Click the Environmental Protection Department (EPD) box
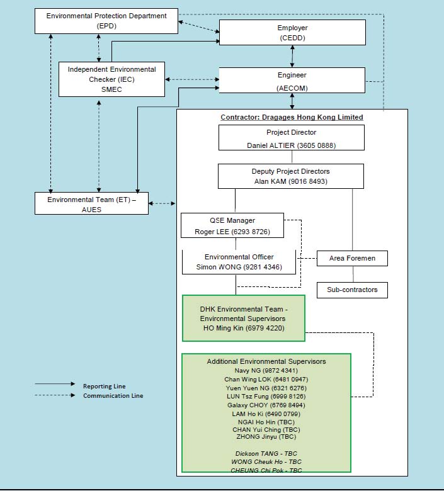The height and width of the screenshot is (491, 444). pyautogui.click(x=106, y=21)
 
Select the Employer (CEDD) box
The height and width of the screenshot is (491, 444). pyautogui.click(x=292, y=33)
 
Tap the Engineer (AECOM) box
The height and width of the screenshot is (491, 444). pyautogui.click(x=292, y=81)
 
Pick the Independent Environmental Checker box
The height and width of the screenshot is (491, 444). pyautogui.click(x=111, y=79)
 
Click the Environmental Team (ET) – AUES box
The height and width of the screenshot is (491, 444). pyautogui.click(x=91, y=203)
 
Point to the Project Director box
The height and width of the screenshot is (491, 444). pyautogui.click(x=292, y=138)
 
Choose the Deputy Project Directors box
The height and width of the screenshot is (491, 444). pyautogui.click(x=291, y=176)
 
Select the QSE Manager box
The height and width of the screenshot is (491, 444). pyautogui.click(x=232, y=225)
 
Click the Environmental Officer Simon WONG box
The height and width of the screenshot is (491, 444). pyautogui.click(x=239, y=262)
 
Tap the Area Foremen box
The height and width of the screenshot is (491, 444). pyautogui.click(x=352, y=258)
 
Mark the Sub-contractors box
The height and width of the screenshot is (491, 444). pyautogui.click(x=352, y=290)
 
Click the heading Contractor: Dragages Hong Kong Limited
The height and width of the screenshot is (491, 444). pyautogui.click(x=292, y=117)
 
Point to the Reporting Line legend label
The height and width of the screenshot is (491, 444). pyautogui.click(x=105, y=386)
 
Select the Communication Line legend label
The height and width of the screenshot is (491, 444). pyautogui.click(x=113, y=395)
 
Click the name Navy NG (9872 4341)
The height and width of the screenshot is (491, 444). pyautogui.click(x=266, y=370)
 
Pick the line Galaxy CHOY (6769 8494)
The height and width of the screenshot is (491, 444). pyautogui.click(x=266, y=405)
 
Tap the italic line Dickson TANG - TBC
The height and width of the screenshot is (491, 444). pyautogui.click(x=266, y=453)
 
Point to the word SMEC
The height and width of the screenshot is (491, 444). pyautogui.click(x=111, y=89)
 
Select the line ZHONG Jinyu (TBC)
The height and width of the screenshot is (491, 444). pyautogui.click(x=266, y=436)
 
